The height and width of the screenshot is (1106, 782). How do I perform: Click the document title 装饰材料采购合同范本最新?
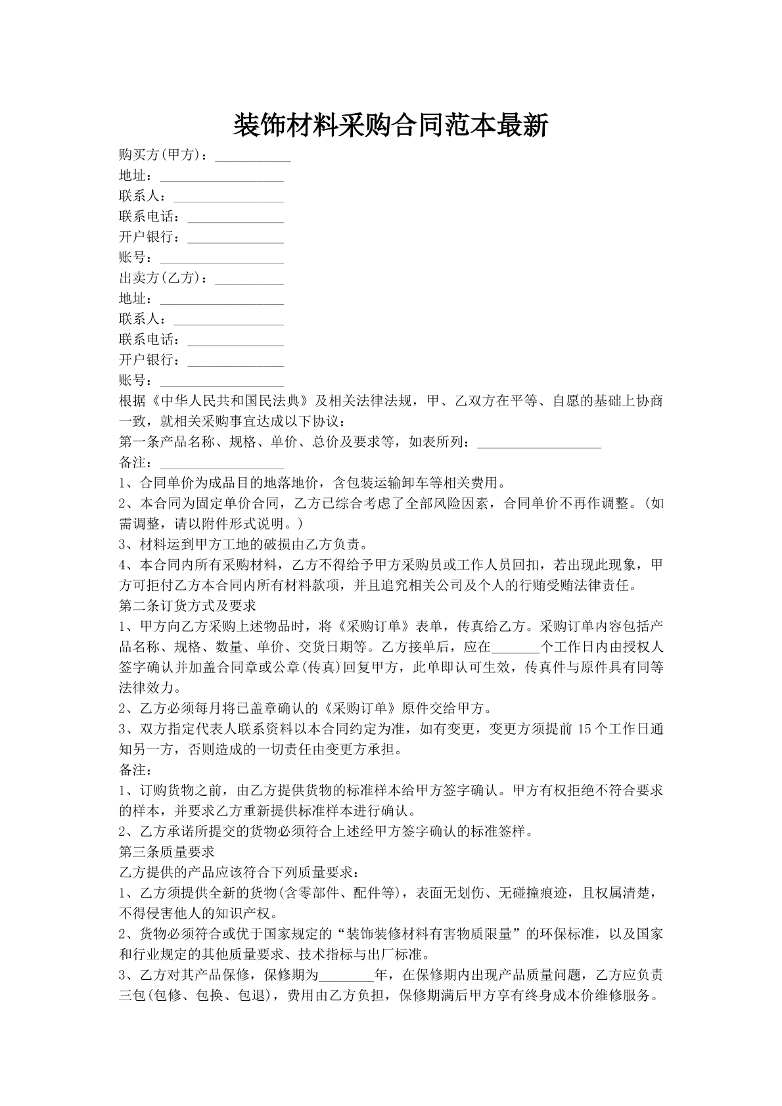pos(390,125)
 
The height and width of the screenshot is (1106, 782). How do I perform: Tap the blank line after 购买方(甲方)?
pos(253,157)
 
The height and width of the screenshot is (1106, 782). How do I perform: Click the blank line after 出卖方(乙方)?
pos(250,280)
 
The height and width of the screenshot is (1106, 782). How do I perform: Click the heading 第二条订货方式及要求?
pos(187,605)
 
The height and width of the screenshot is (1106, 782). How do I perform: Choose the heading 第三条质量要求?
pos(167,852)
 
